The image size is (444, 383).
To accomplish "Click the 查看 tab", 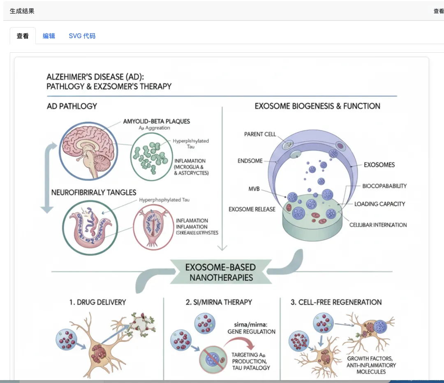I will click(x=23, y=36).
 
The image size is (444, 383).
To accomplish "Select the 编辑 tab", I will click(x=49, y=36).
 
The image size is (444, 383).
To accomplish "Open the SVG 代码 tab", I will click(x=82, y=36).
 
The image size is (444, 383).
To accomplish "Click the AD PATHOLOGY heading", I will click(x=72, y=106).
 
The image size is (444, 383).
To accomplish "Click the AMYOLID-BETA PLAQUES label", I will click(x=156, y=121).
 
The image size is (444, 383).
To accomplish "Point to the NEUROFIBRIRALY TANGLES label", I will click(x=94, y=192).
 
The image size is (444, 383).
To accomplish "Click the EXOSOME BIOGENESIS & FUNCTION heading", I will click(x=317, y=106).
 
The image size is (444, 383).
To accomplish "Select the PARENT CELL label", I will click(x=260, y=134).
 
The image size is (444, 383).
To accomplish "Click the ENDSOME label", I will click(x=250, y=161).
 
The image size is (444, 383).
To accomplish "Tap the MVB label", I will click(x=254, y=189).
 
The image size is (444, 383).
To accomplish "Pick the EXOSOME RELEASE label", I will click(x=252, y=209).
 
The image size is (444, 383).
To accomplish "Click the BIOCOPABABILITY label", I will click(x=384, y=186).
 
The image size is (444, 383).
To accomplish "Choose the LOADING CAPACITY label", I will click(x=379, y=204).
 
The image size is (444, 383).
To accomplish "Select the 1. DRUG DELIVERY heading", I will click(x=97, y=302).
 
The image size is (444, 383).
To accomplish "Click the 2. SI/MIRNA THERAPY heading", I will click(x=219, y=302).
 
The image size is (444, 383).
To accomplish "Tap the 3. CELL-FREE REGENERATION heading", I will click(x=336, y=302).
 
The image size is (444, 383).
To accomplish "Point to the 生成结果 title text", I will click(x=22, y=11).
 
